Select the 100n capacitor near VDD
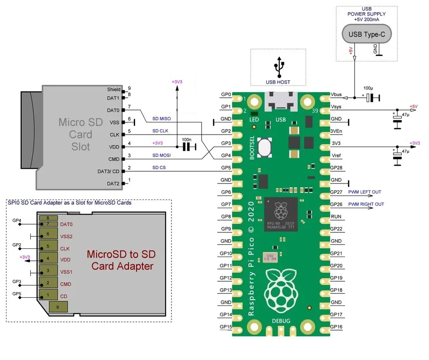(x=187, y=147)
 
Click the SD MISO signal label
(x=162, y=119)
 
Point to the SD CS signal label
(x=159, y=167)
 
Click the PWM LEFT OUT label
(x=365, y=192)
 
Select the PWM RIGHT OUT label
(x=366, y=204)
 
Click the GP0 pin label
(x=226, y=94)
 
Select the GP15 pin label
(x=226, y=326)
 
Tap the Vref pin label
(x=336, y=155)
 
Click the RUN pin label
(x=336, y=216)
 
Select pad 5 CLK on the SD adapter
(x=48, y=247)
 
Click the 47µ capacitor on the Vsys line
(x=397, y=119)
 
